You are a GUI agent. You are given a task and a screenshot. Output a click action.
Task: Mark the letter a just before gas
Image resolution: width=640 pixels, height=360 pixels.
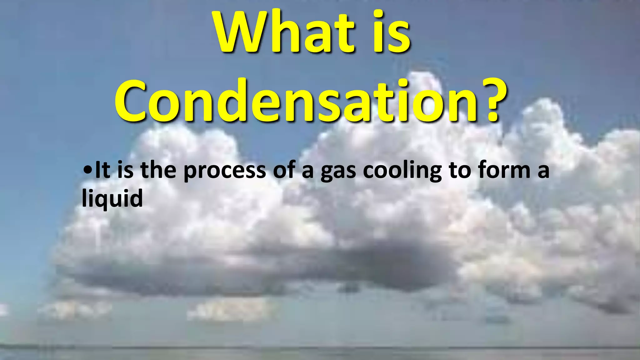click(307, 171)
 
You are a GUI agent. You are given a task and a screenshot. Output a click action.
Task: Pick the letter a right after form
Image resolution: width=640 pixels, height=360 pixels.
click(543, 171)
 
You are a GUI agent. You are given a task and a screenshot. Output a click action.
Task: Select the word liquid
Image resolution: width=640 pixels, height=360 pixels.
click(112, 198)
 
